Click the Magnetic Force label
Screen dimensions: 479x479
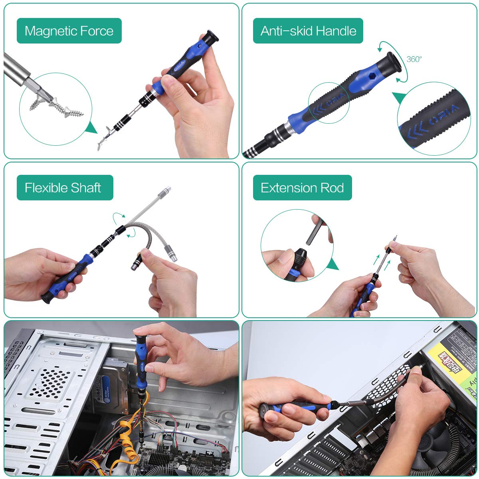click(x=69, y=31)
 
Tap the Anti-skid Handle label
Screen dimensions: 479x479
click(x=308, y=31)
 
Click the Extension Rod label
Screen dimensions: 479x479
click(x=302, y=188)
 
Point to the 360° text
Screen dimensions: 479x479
click(x=414, y=59)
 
